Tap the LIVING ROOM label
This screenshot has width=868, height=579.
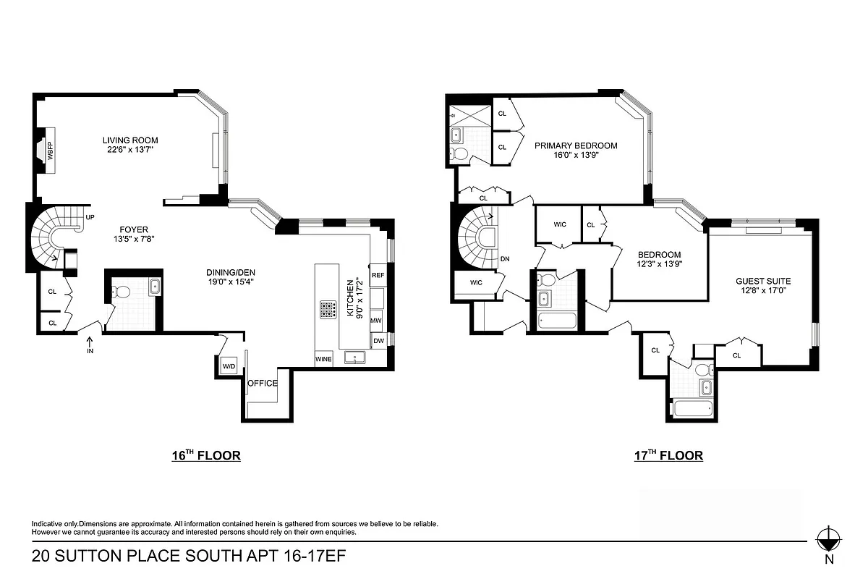[x=130, y=140]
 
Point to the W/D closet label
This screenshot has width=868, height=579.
[x=229, y=366]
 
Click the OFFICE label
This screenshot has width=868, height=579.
[x=263, y=383]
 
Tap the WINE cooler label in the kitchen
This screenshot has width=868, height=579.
[x=323, y=358]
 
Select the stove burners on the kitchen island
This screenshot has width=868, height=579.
[x=327, y=310]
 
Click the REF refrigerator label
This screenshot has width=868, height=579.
[x=378, y=276]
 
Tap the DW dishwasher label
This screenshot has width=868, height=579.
[x=378, y=341]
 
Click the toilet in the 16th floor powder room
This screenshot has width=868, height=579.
[x=120, y=292]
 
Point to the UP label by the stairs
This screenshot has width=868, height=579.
[x=90, y=217]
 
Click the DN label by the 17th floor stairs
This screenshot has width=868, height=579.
[x=505, y=258]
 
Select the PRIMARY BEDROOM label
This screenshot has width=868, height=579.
[x=576, y=145]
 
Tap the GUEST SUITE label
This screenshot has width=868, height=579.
[x=763, y=282]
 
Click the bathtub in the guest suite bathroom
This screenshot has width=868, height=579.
[x=691, y=410]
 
